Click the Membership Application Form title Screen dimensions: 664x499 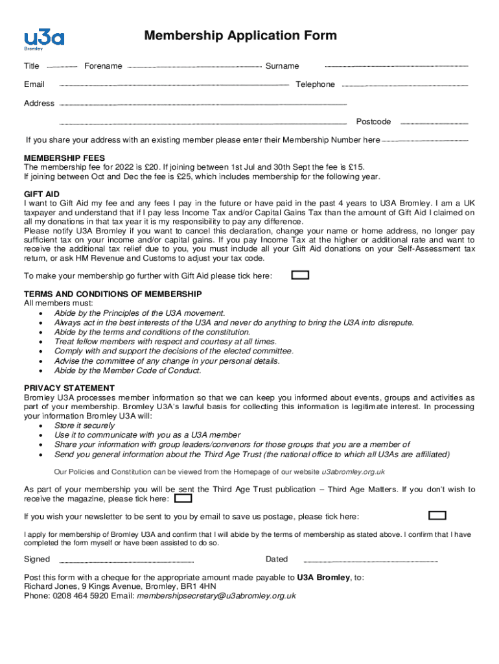[x=240, y=35]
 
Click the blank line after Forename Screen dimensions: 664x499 [x=194, y=67]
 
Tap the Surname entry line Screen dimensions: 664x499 [x=396, y=67]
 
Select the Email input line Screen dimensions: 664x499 [x=174, y=85]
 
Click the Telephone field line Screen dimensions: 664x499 [x=404, y=86]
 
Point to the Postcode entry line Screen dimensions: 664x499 [x=434, y=123]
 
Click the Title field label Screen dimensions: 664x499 [x=32, y=66]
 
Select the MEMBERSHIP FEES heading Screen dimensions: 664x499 [x=64, y=158]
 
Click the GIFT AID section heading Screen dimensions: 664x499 [x=41, y=194]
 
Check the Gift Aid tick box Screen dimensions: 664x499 [x=300, y=275]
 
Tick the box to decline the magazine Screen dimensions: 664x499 [x=184, y=499]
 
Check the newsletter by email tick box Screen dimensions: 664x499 [x=437, y=516]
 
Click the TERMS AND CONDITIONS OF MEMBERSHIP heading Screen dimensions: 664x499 [x=113, y=294]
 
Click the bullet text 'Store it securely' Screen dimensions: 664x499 [x=85, y=425]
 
